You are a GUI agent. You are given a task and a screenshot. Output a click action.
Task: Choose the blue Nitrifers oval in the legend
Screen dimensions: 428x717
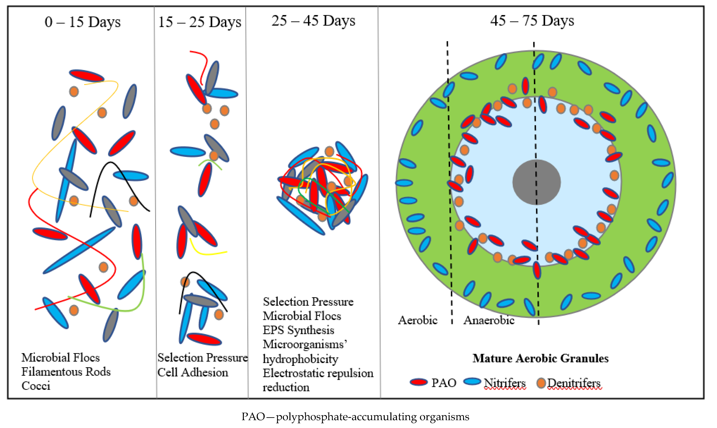pyautogui.click(x=472, y=381)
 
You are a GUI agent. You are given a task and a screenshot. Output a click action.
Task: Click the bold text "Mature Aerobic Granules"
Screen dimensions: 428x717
pyautogui.click(x=540, y=358)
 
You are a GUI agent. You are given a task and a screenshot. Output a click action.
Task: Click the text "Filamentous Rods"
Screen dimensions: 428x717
pyautogui.click(x=66, y=372)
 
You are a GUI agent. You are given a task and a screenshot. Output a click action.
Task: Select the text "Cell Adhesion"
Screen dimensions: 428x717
pyautogui.click(x=193, y=372)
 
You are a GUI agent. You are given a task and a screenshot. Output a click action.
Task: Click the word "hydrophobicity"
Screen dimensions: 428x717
pyautogui.click(x=300, y=359)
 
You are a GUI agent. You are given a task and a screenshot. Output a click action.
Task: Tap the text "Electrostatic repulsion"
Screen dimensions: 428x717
pyautogui.click(x=318, y=373)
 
